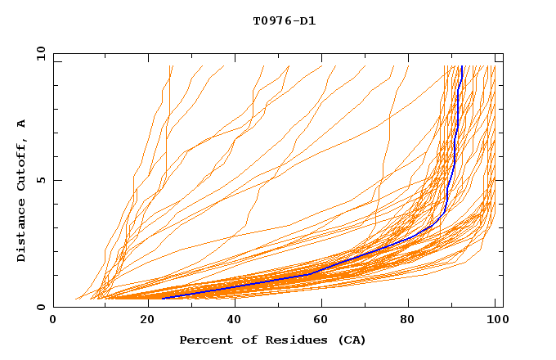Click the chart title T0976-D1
click(285, 20)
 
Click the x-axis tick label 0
click(54, 322)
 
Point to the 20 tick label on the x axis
click(142, 322)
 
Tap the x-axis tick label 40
click(231, 322)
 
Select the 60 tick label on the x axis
click(320, 322)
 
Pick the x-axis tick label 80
click(408, 322)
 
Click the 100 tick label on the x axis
click(496, 322)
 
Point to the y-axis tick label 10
click(39, 53)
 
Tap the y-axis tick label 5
click(43, 180)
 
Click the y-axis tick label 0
click(43, 307)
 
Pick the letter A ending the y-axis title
click(22, 124)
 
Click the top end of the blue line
click(462, 66)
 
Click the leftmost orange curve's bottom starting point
click(75, 299)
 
